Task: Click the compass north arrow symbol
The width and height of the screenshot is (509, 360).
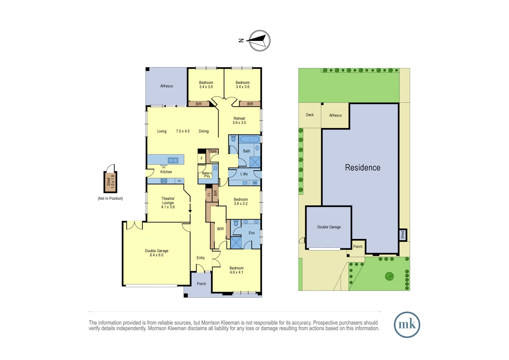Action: point(259,41)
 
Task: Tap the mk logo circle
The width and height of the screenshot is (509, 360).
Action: point(407,325)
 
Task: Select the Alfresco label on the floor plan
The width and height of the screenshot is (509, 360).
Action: point(167,86)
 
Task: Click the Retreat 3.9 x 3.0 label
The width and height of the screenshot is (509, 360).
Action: point(239,121)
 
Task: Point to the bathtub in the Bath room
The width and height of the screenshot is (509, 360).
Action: point(250,139)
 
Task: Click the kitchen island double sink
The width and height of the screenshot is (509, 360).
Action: point(173,160)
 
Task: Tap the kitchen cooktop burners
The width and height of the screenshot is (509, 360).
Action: point(164,181)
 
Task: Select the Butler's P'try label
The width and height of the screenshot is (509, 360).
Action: point(207,175)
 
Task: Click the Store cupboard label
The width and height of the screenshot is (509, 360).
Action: point(212,151)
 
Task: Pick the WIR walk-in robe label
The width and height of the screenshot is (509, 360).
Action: point(220,229)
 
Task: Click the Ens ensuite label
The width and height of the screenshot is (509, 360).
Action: point(252,233)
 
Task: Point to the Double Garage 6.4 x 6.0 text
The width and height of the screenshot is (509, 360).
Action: point(157,253)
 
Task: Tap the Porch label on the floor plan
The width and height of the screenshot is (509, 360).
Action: point(201,284)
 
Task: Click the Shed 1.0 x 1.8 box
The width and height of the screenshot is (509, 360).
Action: point(110,182)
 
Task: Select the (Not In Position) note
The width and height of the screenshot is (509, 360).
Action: point(110,199)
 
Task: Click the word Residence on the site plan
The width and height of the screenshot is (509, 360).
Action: point(362,168)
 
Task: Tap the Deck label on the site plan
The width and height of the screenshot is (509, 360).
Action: point(310,115)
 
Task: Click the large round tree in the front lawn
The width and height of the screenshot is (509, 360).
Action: point(389,276)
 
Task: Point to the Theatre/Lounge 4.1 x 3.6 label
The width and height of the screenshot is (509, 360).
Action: point(168,203)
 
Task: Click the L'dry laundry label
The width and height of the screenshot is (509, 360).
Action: point(244,174)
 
